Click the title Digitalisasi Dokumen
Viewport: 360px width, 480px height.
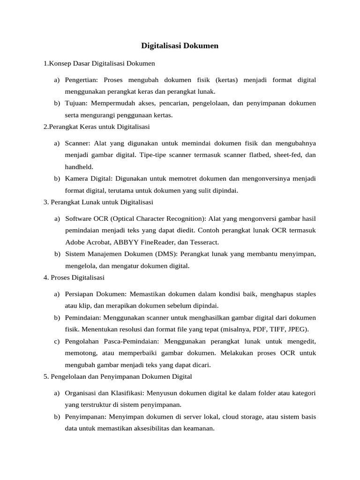pyautogui.click(x=180, y=46)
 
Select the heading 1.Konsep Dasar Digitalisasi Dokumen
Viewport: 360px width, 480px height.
pyautogui.click(x=99, y=63)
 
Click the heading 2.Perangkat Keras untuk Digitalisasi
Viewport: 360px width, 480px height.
pyautogui.click(x=97, y=127)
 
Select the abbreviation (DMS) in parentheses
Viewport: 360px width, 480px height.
pyautogui.click(x=165, y=254)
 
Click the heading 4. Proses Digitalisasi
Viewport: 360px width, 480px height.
pyautogui.click(x=74, y=277)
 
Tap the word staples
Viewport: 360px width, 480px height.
pyautogui.click(x=305, y=294)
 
